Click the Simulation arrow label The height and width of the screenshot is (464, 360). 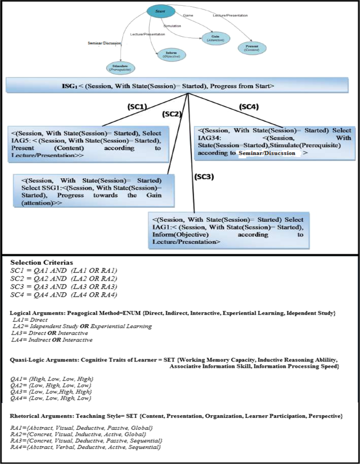click(x=173, y=25)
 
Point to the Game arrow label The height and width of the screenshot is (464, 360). click(x=188, y=16)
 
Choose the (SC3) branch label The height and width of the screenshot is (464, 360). click(x=205, y=176)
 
